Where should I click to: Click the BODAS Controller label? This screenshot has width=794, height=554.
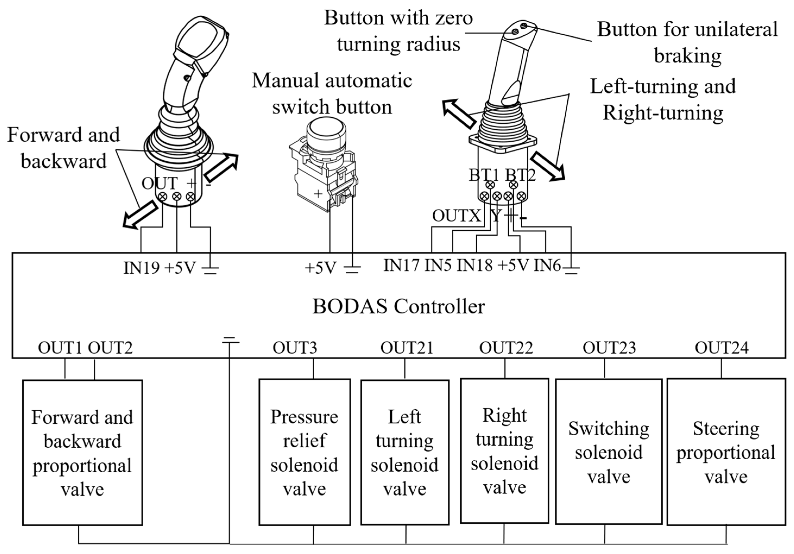click(398, 306)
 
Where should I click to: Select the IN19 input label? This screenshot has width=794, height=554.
click(141, 267)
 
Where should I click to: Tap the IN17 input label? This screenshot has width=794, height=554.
click(401, 265)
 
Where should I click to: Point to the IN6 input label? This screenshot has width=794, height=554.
click(547, 265)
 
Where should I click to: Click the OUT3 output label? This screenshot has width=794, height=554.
click(295, 348)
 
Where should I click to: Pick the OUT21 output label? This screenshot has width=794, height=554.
click(407, 348)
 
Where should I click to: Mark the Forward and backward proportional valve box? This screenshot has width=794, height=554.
click(82, 453)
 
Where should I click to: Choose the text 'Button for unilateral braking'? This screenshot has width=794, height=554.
click(687, 42)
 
